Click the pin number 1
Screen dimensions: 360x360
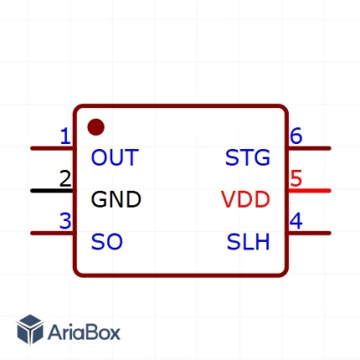pyautogui.click(x=65, y=136)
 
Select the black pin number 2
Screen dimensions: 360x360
pyautogui.click(x=65, y=179)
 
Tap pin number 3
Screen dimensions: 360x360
pyautogui.click(x=65, y=221)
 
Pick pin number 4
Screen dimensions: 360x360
pyautogui.click(x=296, y=221)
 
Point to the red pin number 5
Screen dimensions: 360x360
pyautogui.click(x=296, y=178)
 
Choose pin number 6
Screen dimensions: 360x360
pyautogui.click(x=296, y=136)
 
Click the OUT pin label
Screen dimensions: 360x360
pyautogui.click(x=115, y=157)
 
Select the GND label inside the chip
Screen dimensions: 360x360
pyautogui.click(x=116, y=199)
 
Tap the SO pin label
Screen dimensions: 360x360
pyautogui.click(x=107, y=242)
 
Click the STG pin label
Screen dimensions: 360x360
pyautogui.click(x=248, y=157)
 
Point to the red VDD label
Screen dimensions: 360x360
pyautogui.click(x=245, y=199)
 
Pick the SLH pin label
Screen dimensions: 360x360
pyautogui.click(x=249, y=242)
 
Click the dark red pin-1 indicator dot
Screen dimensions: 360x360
pyautogui.click(x=96, y=127)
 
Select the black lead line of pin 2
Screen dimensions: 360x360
pyautogui.click(x=52, y=191)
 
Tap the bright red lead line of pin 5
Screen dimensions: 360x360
pyautogui.click(x=309, y=191)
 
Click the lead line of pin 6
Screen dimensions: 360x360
pyautogui.click(x=309, y=148)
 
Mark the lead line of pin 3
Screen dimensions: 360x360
pyautogui.click(x=52, y=234)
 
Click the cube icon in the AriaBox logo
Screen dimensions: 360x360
pyautogui.click(x=30, y=330)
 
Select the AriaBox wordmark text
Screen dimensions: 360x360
pyautogui.click(x=84, y=332)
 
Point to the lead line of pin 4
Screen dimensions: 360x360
pyautogui.click(x=309, y=234)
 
